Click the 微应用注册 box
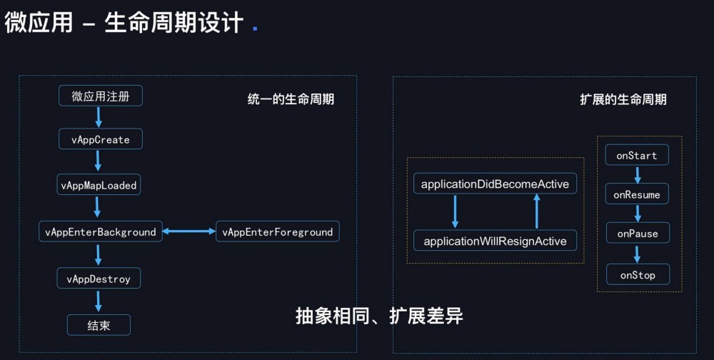tap(101, 96)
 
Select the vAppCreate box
tap(101, 139)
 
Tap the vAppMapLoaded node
tap(99, 185)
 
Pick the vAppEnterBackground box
tap(101, 231)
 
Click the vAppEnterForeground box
tap(278, 231)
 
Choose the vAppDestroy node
tap(99, 279)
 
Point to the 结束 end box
tap(99, 325)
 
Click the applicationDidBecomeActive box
tap(495, 184)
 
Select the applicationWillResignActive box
tap(495, 241)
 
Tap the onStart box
tap(637, 155)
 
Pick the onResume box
tap(637, 194)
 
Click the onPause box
tap(637, 234)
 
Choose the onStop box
tap(637, 275)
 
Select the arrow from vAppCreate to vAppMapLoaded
tap(99, 162)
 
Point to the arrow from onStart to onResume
tap(638, 175)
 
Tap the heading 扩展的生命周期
tap(623, 99)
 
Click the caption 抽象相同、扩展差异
tap(379, 316)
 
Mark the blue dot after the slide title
tap(256, 29)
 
